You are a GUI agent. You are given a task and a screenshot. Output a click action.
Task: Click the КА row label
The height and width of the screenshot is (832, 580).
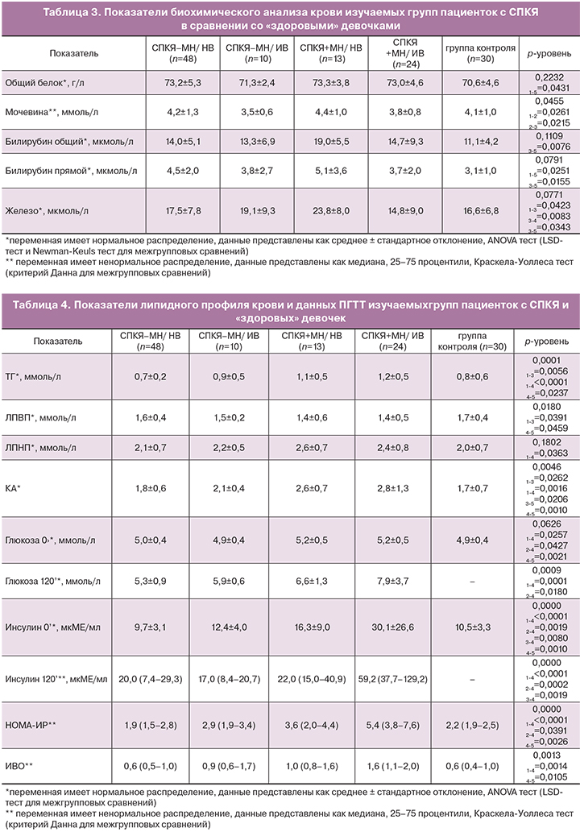tap(14, 486)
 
